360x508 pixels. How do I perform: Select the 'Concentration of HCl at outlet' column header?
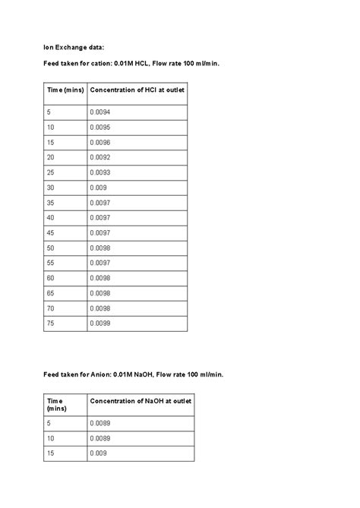(137, 90)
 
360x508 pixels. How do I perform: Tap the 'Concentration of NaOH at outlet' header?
(141, 400)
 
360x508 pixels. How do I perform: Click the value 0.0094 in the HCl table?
(99, 112)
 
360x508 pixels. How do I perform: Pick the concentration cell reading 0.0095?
(99, 127)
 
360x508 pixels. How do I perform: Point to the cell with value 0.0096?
(99, 142)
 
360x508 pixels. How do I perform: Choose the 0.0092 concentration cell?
(99, 157)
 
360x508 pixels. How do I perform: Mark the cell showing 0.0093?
(99, 172)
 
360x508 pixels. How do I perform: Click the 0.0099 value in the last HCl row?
(99, 323)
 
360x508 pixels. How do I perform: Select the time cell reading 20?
(51, 157)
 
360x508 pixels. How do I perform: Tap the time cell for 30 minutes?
(51, 188)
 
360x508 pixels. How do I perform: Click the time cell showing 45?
(51, 232)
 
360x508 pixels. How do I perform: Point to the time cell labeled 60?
(51, 278)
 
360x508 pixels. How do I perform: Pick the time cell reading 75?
(51, 323)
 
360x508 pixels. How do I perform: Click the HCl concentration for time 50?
(99, 248)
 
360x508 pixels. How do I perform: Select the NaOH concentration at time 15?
(98, 453)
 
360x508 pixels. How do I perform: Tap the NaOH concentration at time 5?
(99, 423)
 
